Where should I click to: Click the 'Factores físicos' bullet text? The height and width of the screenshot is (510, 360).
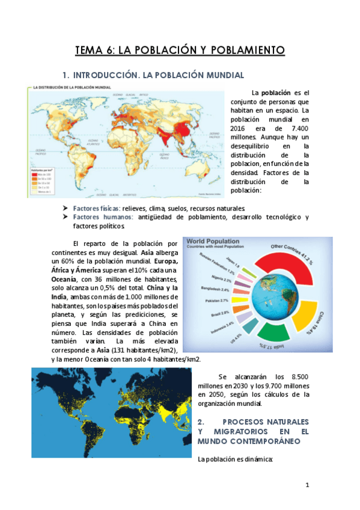(x=97, y=208)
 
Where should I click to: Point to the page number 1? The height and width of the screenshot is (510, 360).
(x=307, y=485)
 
